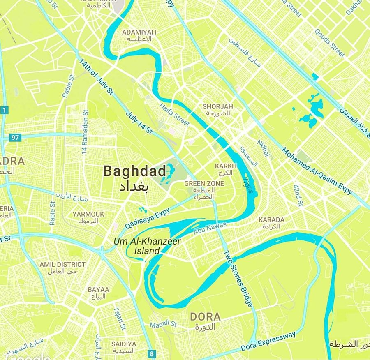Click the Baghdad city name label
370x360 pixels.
click(135, 171)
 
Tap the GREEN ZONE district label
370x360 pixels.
click(204, 183)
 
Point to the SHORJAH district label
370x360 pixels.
click(217, 106)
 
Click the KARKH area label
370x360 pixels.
click(226, 166)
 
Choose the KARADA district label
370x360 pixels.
click(271, 220)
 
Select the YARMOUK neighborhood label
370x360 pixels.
click(88, 214)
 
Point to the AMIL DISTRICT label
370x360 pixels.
click(62, 265)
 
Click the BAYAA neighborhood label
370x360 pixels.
click(98, 289)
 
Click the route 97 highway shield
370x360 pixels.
click(15, 137)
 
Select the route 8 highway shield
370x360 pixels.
click(153, 353)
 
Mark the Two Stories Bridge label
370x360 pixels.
click(237, 279)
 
